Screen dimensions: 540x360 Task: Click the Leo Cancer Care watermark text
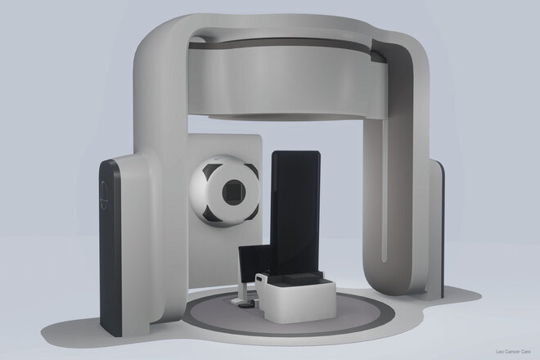513,352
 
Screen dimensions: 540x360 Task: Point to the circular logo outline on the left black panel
104,195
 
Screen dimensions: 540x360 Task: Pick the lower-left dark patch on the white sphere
209,214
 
